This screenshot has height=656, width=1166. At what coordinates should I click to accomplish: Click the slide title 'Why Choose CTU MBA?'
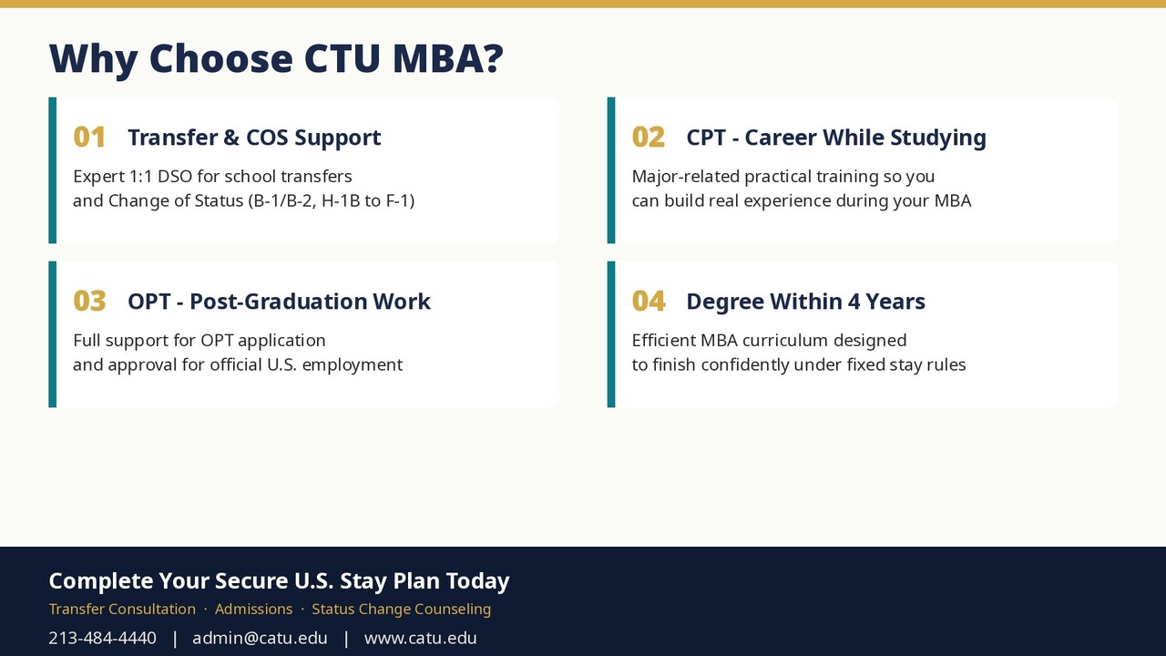[x=276, y=58]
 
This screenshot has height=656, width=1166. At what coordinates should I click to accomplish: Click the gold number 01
[x=89, y=138]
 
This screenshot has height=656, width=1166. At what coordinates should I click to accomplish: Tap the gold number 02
[x=648, y=138]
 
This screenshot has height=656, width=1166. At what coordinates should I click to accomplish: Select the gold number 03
[x=89, y=301]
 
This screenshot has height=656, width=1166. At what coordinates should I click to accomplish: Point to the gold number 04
[x=649, y=301]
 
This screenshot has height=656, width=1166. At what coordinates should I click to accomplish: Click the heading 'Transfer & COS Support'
[x=254, y=138]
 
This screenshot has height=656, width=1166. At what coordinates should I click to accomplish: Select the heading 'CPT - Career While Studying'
[x=836, y=138]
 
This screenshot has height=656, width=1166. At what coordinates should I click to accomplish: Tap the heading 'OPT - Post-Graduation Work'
[x=279, y=302]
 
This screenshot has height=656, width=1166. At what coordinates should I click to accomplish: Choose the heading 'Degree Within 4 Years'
[x=806, y=302]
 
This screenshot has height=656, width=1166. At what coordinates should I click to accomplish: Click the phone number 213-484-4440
[x=103, y=638]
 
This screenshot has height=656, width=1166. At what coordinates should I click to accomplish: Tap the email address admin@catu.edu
[x=260, y=638]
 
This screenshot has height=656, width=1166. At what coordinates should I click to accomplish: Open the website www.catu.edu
[x=421, y=638]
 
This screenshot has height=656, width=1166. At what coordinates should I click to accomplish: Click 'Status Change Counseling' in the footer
[x=402, y=610]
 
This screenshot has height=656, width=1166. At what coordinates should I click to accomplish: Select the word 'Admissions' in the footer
[x=253, y=610]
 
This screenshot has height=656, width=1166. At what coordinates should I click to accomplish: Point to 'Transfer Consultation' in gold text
[x=122, y=610]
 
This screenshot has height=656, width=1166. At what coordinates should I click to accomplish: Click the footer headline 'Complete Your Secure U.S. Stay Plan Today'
[x=279, y=581]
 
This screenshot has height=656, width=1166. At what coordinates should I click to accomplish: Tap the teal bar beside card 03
[x=53, y=334]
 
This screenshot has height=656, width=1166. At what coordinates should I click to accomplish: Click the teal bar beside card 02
[x=611, y=170]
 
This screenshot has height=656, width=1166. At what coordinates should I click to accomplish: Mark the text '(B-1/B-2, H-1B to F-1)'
[x=331, y=201]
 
